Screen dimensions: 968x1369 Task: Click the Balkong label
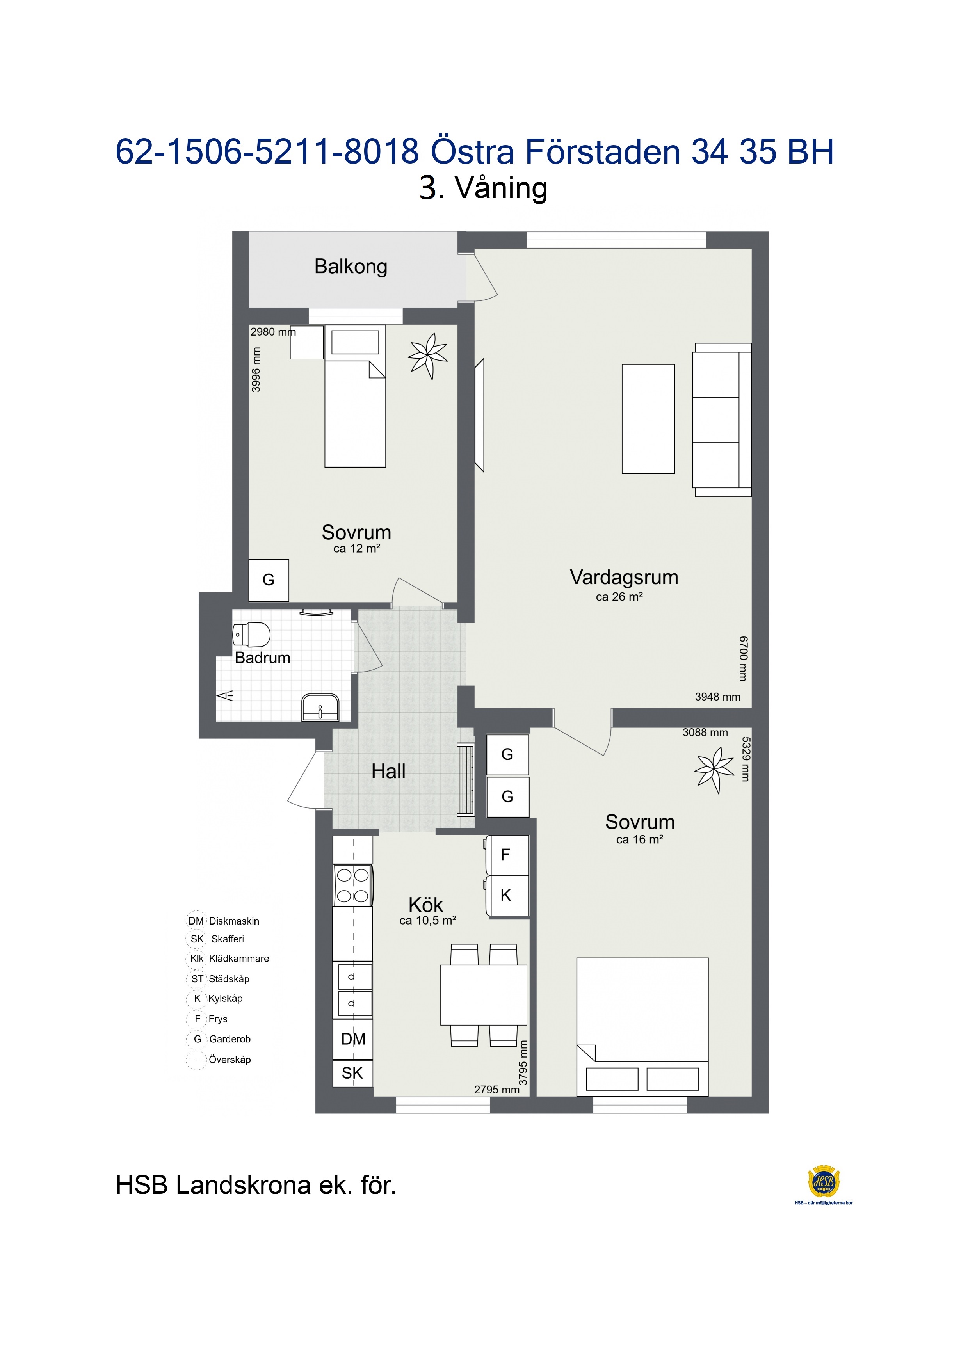(351, 267)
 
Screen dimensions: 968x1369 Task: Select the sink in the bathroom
(320, 708)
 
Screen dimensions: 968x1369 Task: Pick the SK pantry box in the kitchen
(352, 1073)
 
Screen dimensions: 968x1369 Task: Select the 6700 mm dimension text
(742, 658)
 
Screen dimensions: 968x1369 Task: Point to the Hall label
(388, 772)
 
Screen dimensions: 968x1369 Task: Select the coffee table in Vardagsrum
(648, 419)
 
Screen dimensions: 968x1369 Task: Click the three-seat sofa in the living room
(722, 420)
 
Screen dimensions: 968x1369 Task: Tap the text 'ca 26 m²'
(619, 597)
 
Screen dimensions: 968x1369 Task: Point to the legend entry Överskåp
(219, 1060)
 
